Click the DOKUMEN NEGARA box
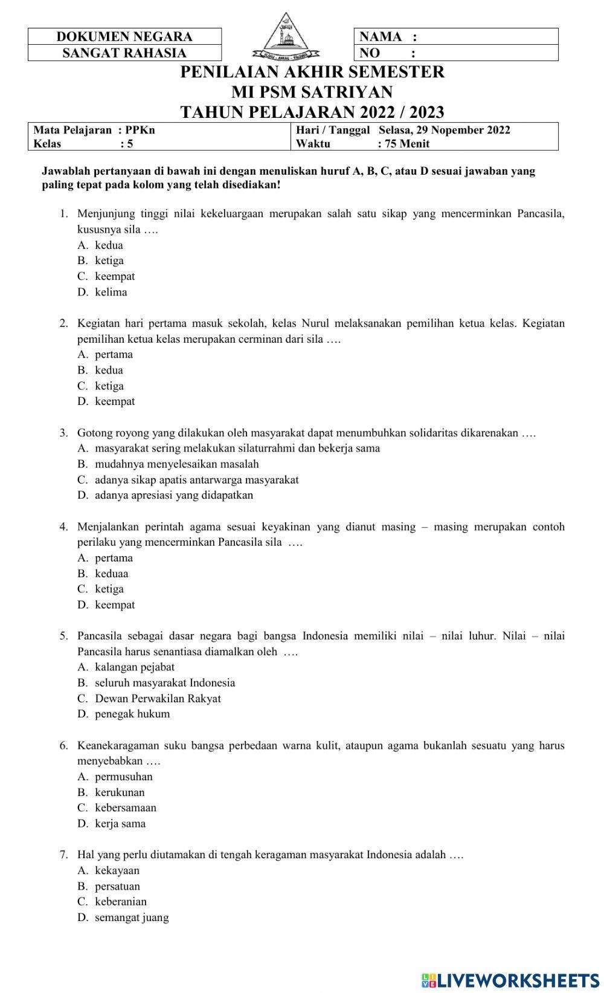coord(124,36)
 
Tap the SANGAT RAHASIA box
coord(124,53)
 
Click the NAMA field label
coord(381,36)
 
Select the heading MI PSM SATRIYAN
coord(312,92)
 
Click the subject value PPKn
coord(140,130)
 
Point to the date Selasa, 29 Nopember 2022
coord(444,130)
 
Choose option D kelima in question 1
coord(111,292)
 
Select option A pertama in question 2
coord(114,354)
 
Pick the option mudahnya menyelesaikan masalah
coord(176,464)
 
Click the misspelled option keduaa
coord(111,573)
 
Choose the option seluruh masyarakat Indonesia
coord(165,682)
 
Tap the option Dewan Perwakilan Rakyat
coord(158,698)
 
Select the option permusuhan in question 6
coord(123,776)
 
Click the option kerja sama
coord(120,823)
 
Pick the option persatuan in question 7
coord(117,886)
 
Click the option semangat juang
coord(132,917)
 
